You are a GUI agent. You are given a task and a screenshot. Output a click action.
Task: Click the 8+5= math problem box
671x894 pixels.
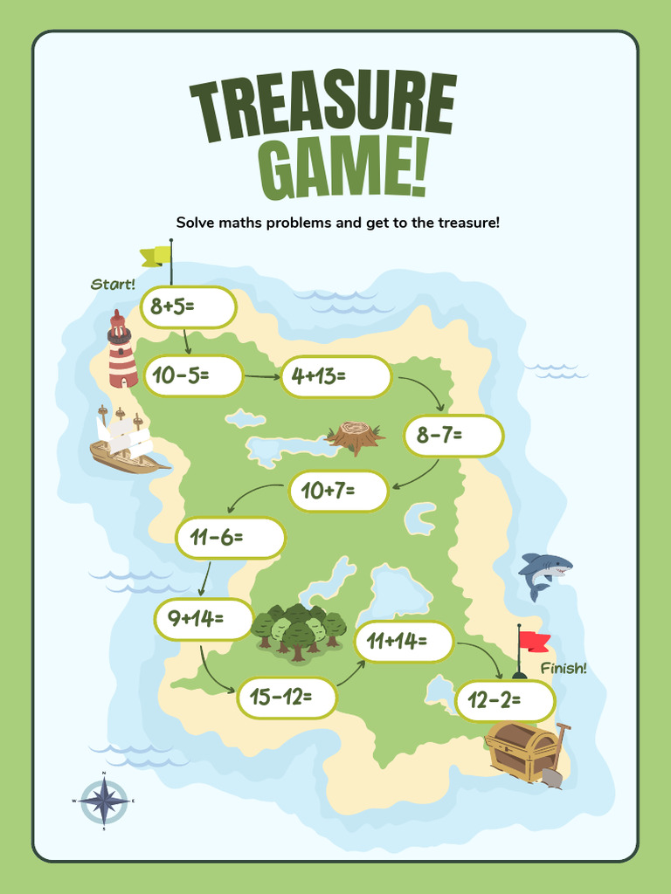tap(188, 307)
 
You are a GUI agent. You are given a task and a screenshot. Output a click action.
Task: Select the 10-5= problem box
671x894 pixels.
tap(192, 376)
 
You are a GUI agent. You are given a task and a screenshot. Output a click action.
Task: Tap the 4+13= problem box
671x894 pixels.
tap(335, 376)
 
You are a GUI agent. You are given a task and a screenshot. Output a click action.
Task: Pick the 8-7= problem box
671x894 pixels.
tap(453, 435)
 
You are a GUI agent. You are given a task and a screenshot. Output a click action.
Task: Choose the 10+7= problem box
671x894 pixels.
tap(338, 491)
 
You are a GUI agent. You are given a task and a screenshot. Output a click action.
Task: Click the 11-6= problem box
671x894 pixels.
tap(231, 538)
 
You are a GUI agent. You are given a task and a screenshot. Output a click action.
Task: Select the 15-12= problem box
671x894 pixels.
tap(287, 698)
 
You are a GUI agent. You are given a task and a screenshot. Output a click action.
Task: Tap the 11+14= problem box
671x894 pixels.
tap(404, 642)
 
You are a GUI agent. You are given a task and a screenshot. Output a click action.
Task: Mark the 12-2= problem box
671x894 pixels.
tap(505, 700)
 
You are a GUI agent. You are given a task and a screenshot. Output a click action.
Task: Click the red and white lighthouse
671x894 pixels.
tap(121, 351)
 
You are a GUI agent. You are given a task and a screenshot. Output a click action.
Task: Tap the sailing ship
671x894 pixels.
tap(125, 442)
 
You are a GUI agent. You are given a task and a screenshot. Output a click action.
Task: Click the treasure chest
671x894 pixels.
tap(522, 750)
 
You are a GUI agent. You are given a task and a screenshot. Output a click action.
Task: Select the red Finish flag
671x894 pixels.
tap(533, 641)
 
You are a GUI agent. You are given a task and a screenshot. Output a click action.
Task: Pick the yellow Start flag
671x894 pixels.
tap(156, 255)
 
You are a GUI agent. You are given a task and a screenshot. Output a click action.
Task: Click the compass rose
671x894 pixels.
tap(104, 801)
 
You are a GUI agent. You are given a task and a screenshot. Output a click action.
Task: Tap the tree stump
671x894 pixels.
tap(355, 435)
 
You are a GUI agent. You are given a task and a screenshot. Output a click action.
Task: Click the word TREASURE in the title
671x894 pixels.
tap(323, 110)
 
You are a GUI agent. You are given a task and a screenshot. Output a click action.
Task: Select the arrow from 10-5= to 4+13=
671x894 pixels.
tap(260, 377)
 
